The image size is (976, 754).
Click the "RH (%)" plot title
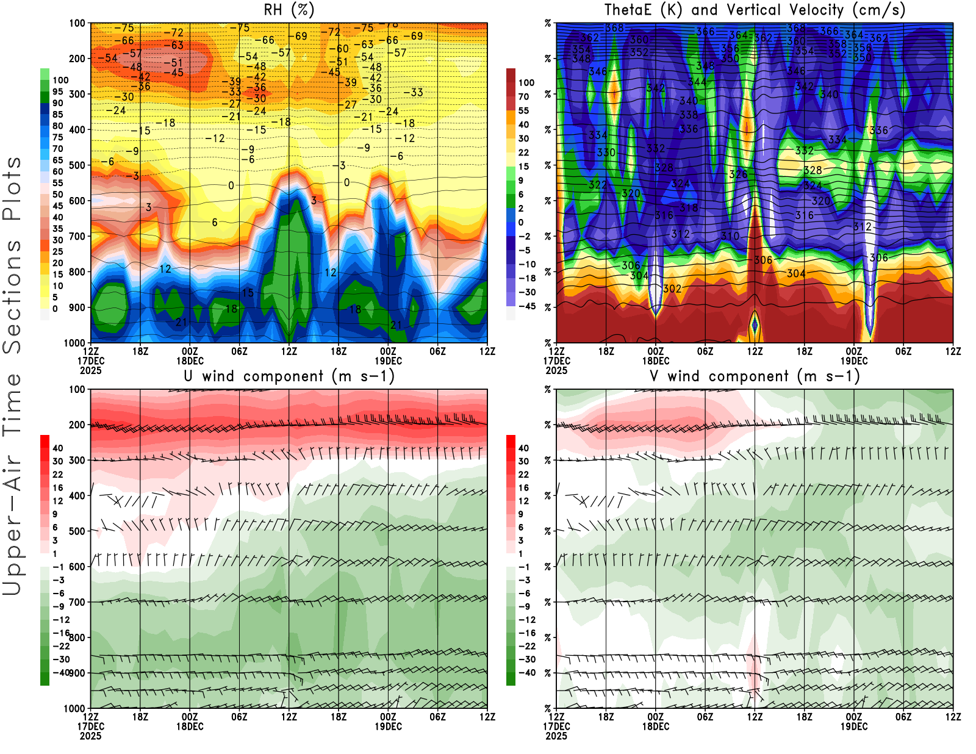click(x=289, y=10)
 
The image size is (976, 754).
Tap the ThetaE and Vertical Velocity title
click(x=755, y=10)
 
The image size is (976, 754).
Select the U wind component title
click(x=289, y=376)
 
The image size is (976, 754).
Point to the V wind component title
click(x=755, y=376)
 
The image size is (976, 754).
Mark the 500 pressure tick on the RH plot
click(x=77, y=165)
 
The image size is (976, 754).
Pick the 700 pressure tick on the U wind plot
click(x=77, y=602)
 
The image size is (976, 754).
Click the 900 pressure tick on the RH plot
click(x=77, y=307)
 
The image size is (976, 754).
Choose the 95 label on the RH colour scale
click(x=58, y=92)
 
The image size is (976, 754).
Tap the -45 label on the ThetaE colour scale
click(x=526, y=306)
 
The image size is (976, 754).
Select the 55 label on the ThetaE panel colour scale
click(x=523, y=110)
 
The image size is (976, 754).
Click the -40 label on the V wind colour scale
click(x=526, y=673)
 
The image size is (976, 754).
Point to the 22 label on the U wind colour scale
click(x=58, y=474)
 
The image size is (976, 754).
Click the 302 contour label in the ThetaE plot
click(x=672, y=289)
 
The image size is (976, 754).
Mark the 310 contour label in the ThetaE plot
click(x=730, y=235)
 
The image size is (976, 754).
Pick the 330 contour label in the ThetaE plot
click(x=606, y=153)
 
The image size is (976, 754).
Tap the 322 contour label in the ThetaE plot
click(x=597, y=185)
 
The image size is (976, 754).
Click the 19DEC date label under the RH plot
click(x=388, y=361)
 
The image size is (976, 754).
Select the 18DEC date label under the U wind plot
click(x=190, y=727)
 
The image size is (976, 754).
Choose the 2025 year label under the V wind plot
click(x=556, y=736)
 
